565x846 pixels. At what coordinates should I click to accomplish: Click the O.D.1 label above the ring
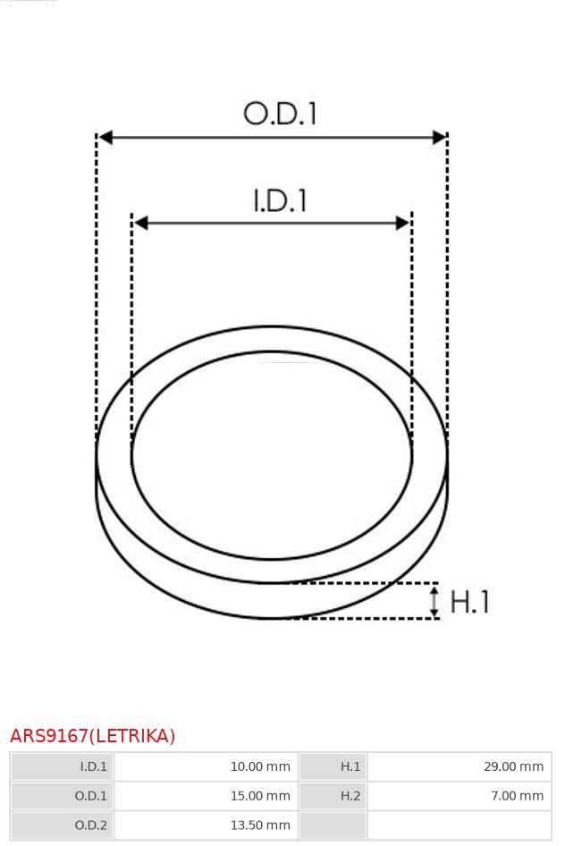280,114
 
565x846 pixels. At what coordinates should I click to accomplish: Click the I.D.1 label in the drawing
280,199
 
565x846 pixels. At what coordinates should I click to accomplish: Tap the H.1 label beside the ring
469,602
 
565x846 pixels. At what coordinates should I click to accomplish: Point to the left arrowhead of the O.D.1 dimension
105,137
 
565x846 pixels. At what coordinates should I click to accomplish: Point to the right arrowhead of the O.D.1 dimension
439,137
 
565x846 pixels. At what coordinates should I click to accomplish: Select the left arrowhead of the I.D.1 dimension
140,223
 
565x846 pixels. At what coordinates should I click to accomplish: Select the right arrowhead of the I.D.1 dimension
402,223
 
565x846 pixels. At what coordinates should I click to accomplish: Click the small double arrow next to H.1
434,601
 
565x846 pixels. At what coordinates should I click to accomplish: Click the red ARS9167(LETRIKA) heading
93,736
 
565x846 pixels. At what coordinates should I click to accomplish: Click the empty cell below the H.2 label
333,825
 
